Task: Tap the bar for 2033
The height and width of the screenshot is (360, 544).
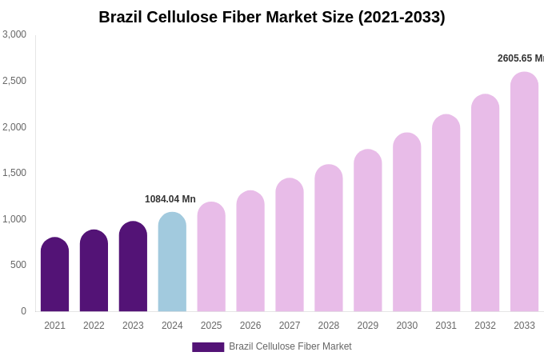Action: pyautogui.click(x=524, y=192)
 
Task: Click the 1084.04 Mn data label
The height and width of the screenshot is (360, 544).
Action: pyautogui.click(x=170, y=199)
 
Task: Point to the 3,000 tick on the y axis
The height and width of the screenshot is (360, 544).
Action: pyautogui.click(x=14, y=34)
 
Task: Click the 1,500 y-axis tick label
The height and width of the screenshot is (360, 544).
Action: pyautogui.click(x=14, y=173)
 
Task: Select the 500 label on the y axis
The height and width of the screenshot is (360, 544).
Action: pyautogui.click(x=18, y=265)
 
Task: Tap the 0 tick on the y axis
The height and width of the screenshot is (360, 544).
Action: pyautogui.click(x=23, y=311)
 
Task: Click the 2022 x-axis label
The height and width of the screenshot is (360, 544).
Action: pyautogui.click(x=94, y=326)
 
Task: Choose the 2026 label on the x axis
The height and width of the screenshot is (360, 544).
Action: pyautogui.click(x=250, y=326)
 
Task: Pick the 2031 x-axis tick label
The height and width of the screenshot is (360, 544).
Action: pyautogui.click(x=446, y=326)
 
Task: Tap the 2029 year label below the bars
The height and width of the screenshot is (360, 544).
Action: pyautogui.click(x=368, y=326)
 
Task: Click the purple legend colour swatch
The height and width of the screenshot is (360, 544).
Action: pyautogui.click(x=208, y=347)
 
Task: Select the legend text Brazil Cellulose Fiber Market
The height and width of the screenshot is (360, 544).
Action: pyautogui.click(x=290, y=346)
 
